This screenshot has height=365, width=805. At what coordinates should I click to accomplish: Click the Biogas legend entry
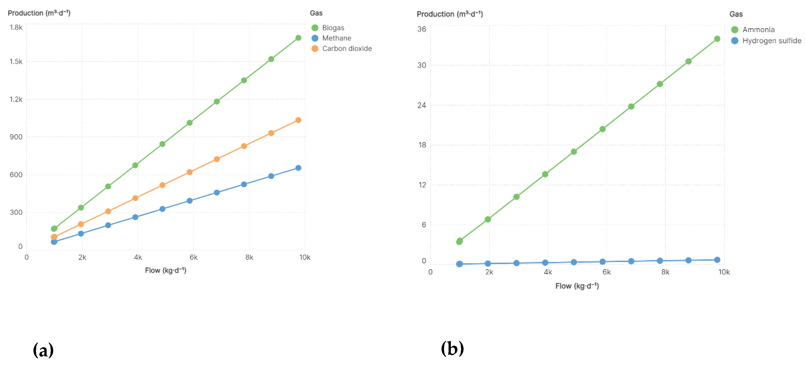coord(333,28)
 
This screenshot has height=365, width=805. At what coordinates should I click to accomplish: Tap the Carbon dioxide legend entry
coord(347,48)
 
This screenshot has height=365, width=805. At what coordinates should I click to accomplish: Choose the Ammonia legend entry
coord(758,30)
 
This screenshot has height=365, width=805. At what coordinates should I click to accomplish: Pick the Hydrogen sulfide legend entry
coord(771,41)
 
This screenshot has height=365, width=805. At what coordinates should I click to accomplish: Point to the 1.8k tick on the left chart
coord(16,28)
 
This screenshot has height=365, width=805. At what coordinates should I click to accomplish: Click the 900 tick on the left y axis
coord(16,137)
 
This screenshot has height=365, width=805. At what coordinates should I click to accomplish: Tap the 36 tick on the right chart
coord(421,29)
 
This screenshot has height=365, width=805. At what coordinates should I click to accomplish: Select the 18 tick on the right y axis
coord(422,145)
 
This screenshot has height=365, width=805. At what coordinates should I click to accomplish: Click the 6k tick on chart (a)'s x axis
coord(193,257)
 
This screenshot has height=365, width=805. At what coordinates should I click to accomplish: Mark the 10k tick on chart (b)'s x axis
coord(724,272)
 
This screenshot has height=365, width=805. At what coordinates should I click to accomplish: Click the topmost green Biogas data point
coord(298,38)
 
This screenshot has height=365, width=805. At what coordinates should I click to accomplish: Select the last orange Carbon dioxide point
coord(298,120)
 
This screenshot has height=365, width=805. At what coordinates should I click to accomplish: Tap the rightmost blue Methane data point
coord(298,168)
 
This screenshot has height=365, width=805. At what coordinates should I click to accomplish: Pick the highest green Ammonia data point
coord(717,39)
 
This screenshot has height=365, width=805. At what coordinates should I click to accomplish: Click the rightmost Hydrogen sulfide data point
coord(717,260)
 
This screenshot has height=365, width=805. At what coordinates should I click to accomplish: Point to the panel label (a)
coord(43,350)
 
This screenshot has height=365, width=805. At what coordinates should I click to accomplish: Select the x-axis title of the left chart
coord(165,270)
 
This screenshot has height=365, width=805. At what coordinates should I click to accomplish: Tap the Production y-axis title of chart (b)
coord(449,14)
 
